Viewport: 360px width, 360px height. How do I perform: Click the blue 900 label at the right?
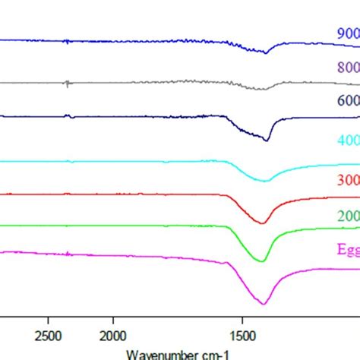[x=348, y=33]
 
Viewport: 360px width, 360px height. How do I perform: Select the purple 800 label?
[x=348, y=67]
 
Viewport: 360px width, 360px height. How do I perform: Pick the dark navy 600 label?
[x=348, y=100]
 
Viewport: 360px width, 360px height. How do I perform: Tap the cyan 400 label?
[x=348, y=141]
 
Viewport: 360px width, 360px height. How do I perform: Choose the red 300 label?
[x=348, y=180]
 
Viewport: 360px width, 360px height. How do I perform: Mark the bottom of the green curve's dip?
[x=262, y=261]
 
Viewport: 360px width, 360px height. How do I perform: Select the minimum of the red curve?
[x=262, y=223]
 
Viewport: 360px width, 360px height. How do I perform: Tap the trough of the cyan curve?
[x=264, y=181]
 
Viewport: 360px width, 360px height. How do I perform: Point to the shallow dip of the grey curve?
[x=263, y=89]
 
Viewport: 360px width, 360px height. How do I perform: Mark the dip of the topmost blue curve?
[x=265, y=52]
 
